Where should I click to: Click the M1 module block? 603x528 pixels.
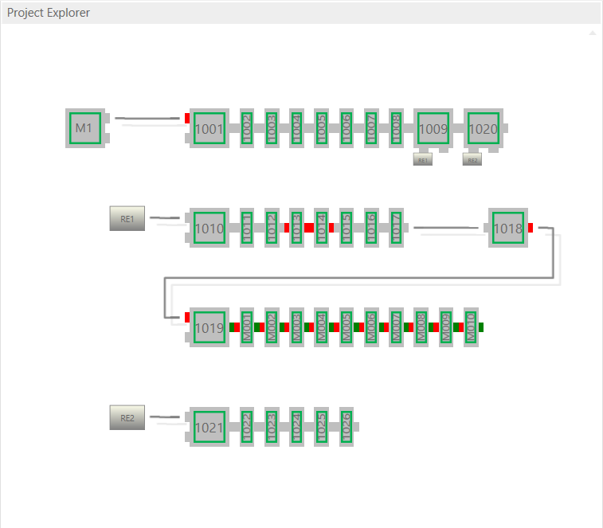point(84,128)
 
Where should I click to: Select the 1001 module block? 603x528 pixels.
point(209,128)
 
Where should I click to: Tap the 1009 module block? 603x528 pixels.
point(433,128)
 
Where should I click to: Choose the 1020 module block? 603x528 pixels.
point(484,128)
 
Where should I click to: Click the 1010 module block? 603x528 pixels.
point(209,229)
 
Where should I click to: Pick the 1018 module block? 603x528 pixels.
point(507,229)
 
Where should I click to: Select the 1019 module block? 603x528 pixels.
point(209,327)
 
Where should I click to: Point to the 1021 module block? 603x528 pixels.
point(209,427)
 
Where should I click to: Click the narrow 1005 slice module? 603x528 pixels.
point(321,128)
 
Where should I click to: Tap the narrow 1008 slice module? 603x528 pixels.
point(396,128)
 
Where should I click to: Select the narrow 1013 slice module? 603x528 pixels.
point(296,229)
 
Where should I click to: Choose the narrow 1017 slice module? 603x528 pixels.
point(396,229)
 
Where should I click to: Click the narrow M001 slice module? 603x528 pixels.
point(246,327)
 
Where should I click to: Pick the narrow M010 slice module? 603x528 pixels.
point(471,327)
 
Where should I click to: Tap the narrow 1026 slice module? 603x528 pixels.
point(346,427)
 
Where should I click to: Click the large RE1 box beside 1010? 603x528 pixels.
point(127,218)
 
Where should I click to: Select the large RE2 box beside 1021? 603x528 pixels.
point(127,417)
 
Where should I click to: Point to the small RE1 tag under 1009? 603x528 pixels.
point(423,160)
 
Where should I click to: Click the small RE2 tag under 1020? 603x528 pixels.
point(472,160)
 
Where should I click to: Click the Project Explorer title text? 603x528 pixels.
point(49,13)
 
